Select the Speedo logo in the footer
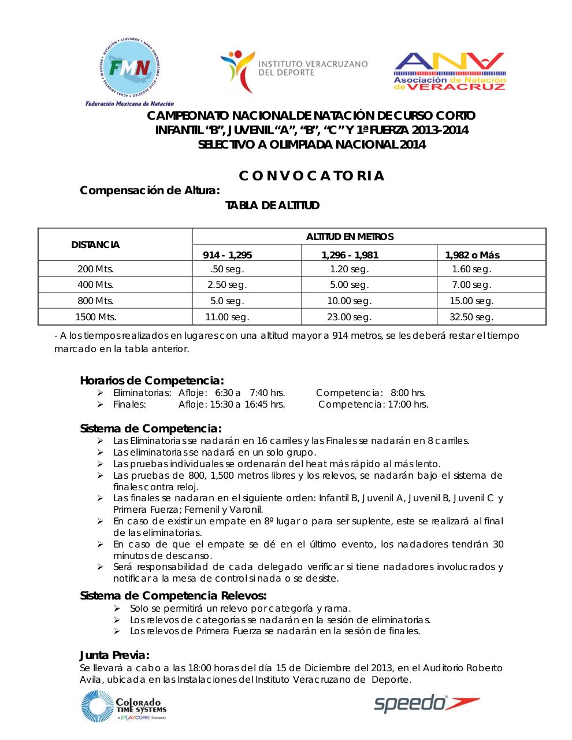coord(426,703)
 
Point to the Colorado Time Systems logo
coord(124,706)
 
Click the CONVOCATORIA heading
coord(311,176)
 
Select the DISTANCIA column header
coord(95,245)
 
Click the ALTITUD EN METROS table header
coord(350,236)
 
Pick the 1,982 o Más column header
coord(472,255)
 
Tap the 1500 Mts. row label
coord(96,317)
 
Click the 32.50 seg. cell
coord(471,317)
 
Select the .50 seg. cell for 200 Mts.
coord(227,269)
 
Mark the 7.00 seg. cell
coord(471,284)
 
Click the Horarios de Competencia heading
coord(151,380)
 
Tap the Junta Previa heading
coord(114,655)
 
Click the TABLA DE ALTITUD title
coord(272,205)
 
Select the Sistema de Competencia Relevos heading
coord(173,595)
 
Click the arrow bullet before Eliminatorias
coord(101,393)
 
